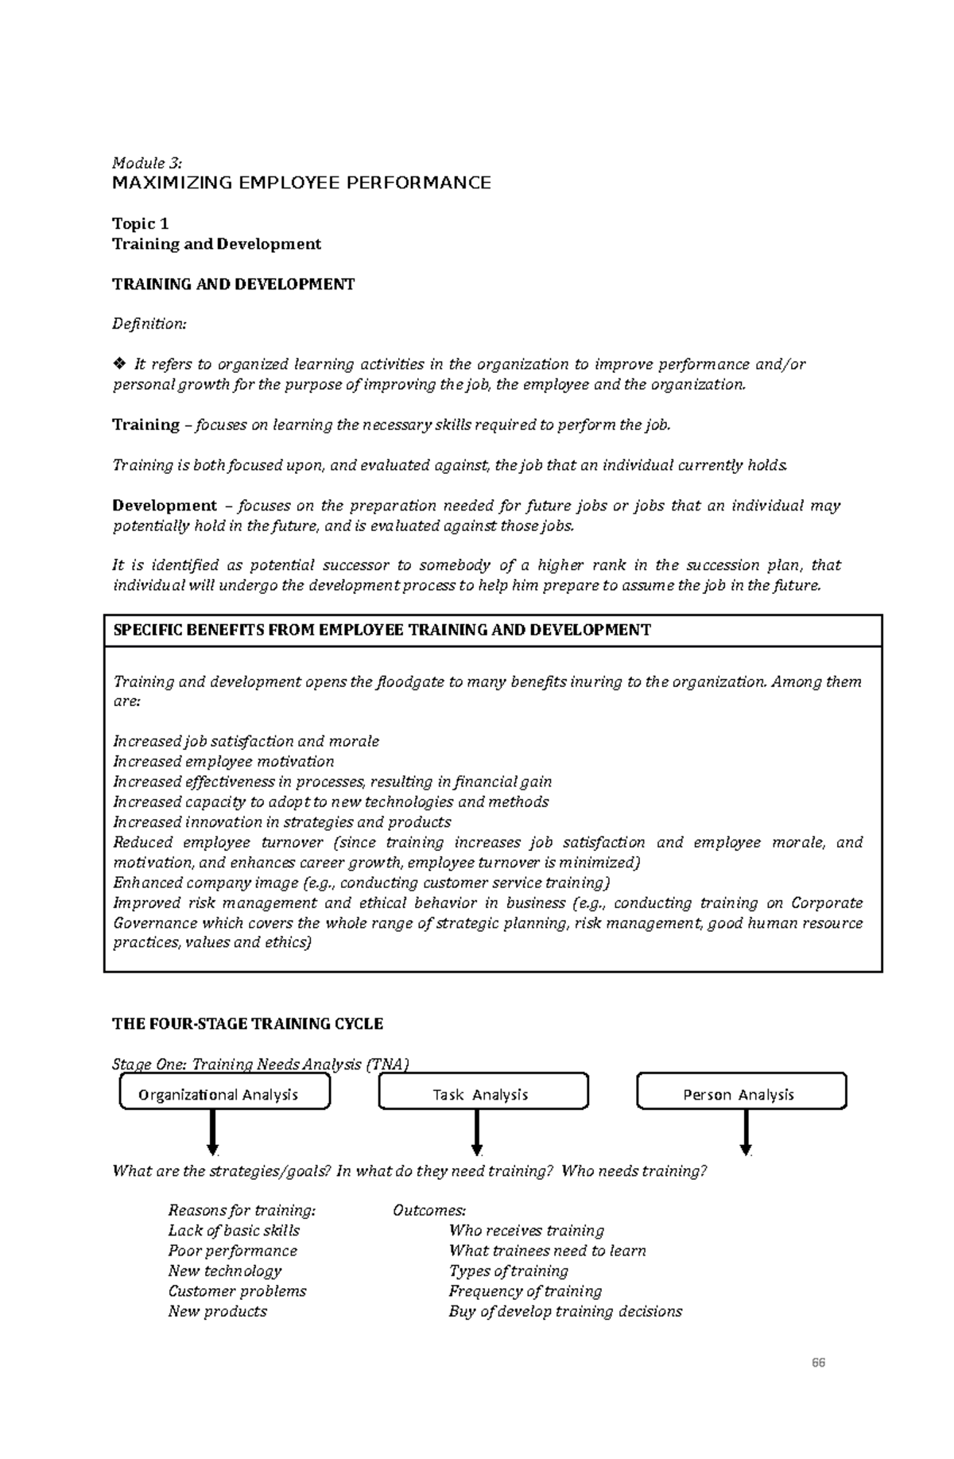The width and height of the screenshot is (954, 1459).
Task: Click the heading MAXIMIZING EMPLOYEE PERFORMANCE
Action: click(301, 184)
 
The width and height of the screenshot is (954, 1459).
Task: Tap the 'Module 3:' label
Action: click(147, 163)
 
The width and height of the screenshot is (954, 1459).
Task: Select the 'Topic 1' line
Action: click(140, 223)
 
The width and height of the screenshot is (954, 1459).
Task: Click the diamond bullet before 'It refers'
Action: click(119, 364)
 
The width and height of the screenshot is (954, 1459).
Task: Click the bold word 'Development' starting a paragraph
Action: click(165, 506)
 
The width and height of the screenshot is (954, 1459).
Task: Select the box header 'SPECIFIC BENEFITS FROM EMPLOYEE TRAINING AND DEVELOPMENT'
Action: click(382, 631)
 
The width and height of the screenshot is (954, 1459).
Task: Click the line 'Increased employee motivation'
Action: click(223, 762)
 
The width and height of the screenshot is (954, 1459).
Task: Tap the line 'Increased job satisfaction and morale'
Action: click(246, 741)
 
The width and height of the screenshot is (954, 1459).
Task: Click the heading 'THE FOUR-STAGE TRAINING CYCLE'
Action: click(248, 1024)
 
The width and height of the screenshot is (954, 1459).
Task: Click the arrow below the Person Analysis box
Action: click(746, 1133)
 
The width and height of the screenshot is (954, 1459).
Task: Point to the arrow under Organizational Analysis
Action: click(212, 1133)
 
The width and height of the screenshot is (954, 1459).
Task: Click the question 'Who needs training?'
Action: click(634, 1171)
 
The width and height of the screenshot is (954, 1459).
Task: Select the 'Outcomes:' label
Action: click(429, 1211)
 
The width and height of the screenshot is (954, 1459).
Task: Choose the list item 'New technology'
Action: click(225, 1271)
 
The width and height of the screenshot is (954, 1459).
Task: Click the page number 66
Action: click(818, 1362)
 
